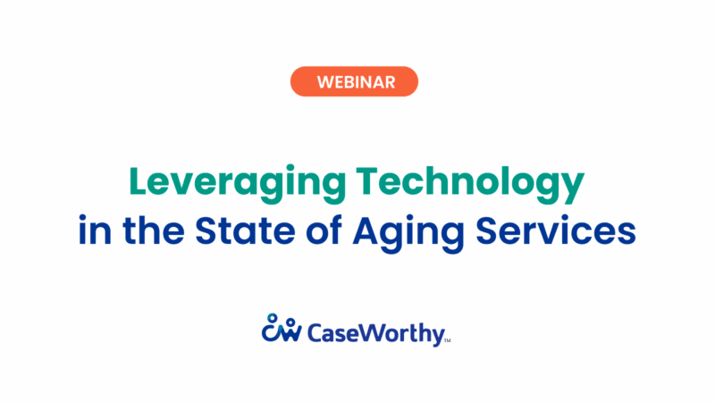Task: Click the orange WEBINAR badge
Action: tap(355, 81)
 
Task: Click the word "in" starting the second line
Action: tap(90, 230)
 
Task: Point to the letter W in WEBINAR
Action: tap(326, 81)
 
